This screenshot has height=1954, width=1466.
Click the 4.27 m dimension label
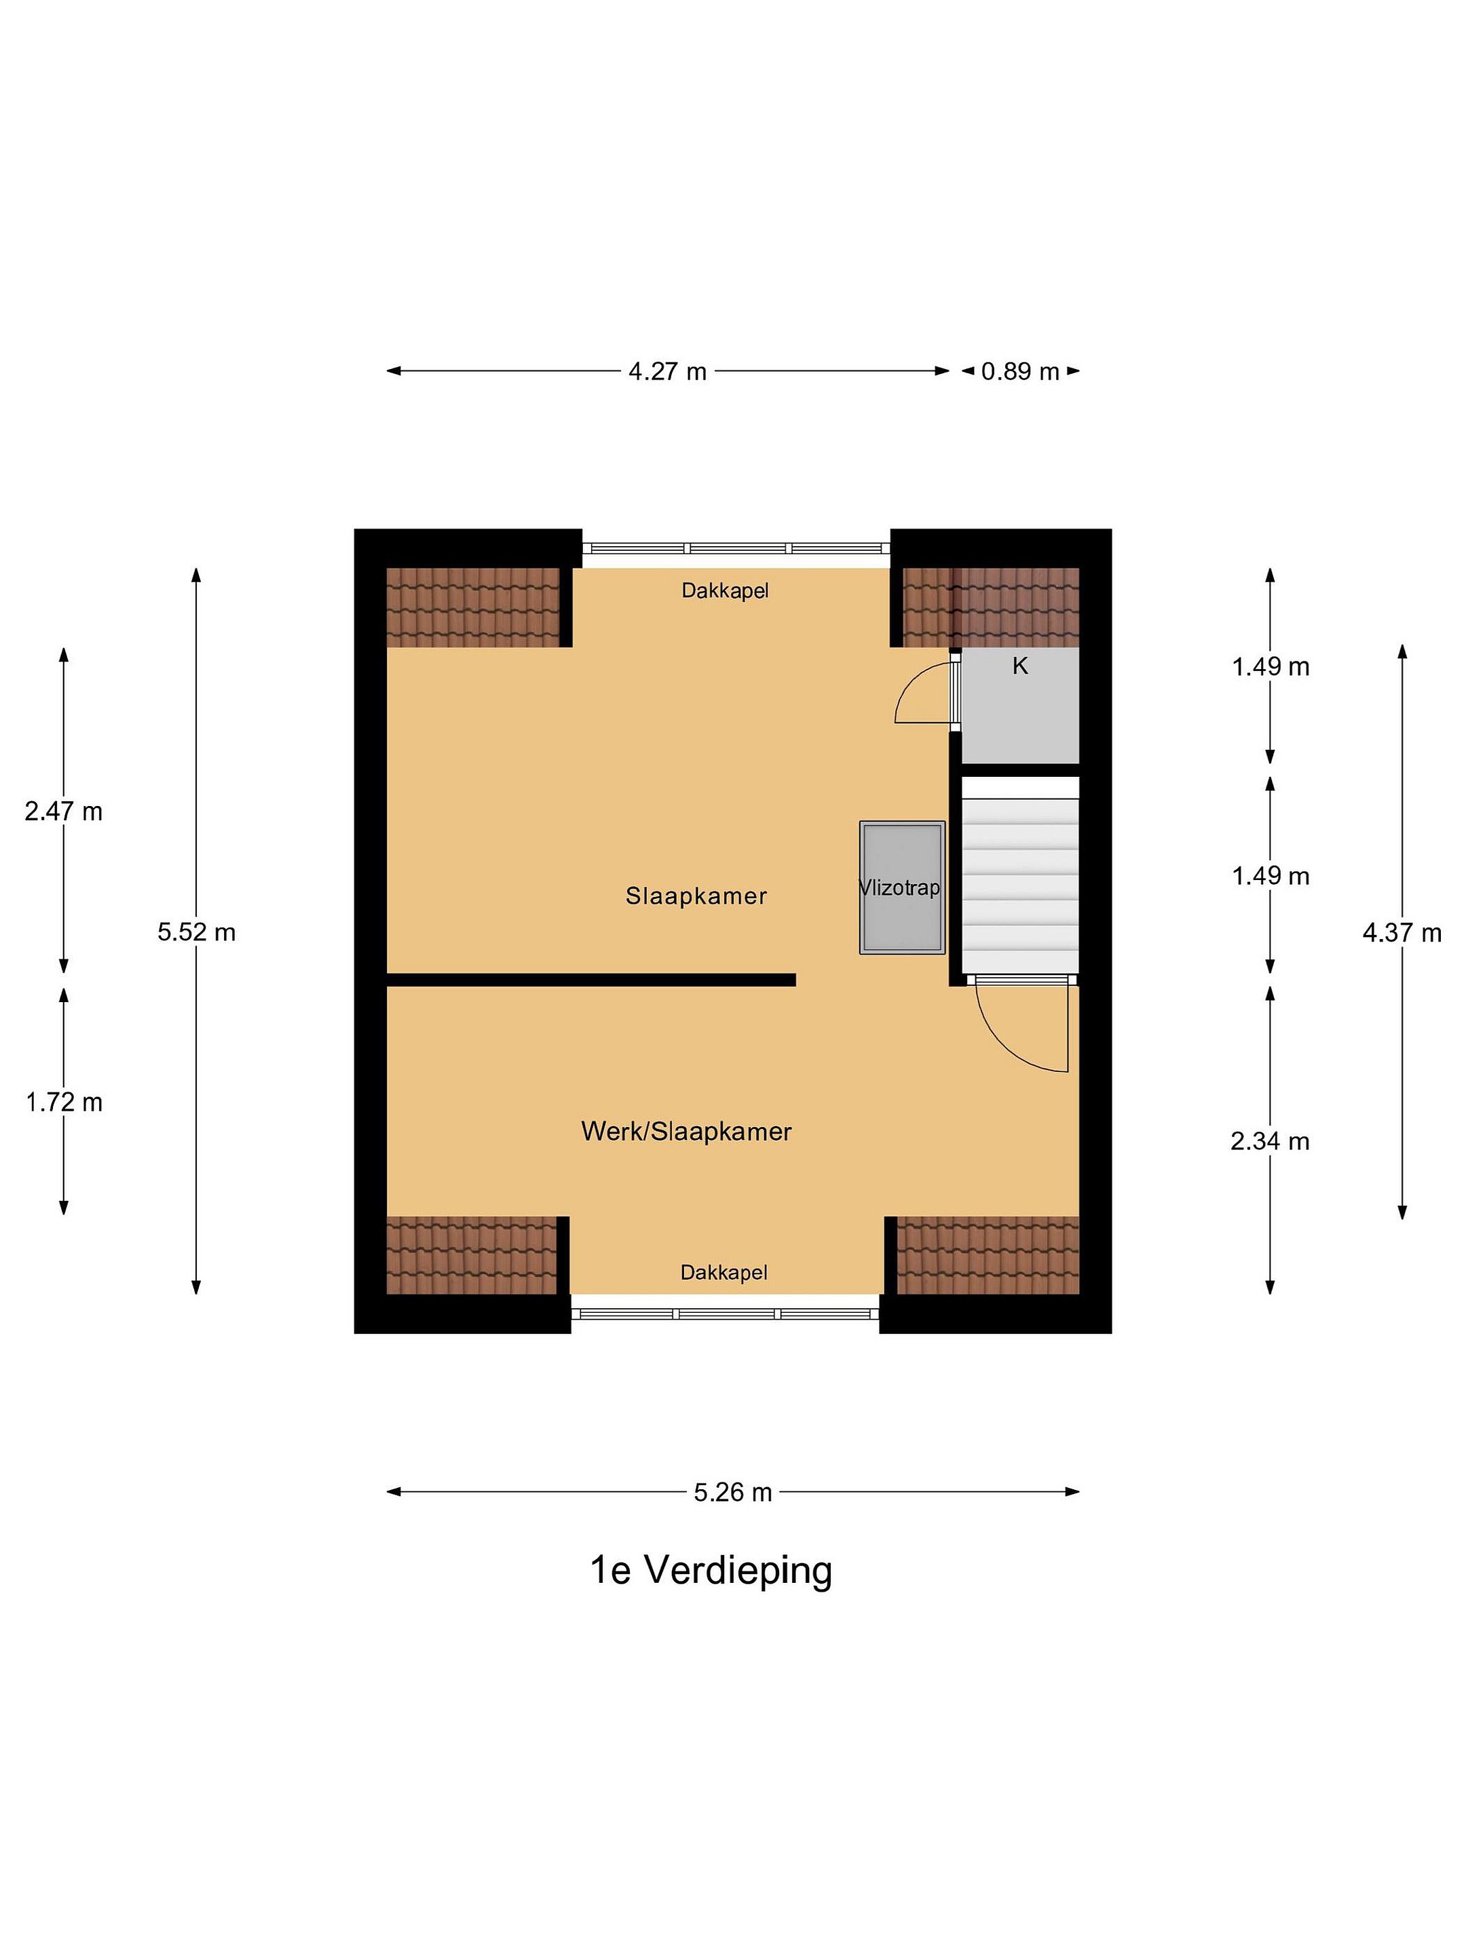pos(667,371)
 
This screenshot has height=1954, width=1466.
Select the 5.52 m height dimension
pos(196,932)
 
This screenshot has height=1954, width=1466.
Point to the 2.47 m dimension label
pos(64,811)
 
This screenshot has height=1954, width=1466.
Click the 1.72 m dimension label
pos(64,1103)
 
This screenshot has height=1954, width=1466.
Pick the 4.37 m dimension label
pos(1402,932)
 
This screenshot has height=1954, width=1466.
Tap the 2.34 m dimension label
pos(1270,1141)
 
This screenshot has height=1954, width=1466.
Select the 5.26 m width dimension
pos(732,1492)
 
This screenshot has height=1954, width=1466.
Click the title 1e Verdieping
pos(711,1571)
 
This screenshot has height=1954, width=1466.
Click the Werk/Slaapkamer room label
pos(687,1132)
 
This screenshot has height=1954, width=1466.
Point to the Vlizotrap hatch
pos(902,887)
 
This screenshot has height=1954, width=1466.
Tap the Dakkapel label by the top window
pos(725,590)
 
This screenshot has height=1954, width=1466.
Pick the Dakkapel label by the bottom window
pos(723,1272)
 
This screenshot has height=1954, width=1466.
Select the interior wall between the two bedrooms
pos(591,980)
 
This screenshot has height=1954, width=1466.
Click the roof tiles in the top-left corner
pos(473,608)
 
